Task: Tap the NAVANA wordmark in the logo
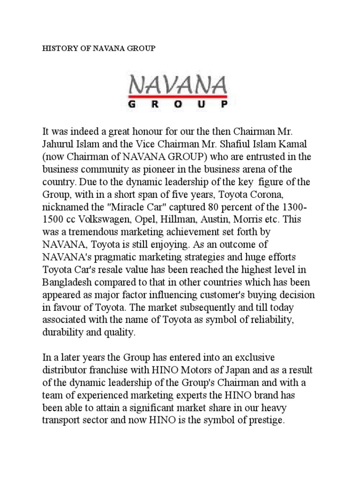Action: click(179, 86)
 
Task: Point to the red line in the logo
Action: click(179, 97)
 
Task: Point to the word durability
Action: click(62, 333)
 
